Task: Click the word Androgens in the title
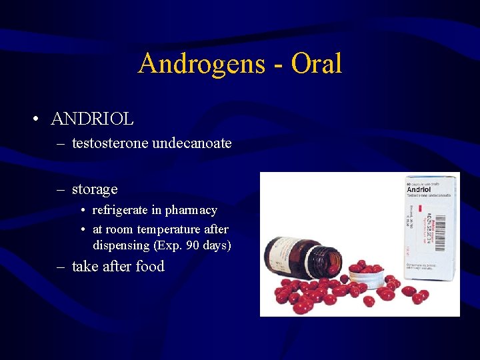(193, 64)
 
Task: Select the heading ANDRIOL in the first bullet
(92, 119)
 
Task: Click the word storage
(95, 189)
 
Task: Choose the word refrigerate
(120, 211)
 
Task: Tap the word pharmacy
(191, 211)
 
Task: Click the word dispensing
(121, 245)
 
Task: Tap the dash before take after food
(60, 267)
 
